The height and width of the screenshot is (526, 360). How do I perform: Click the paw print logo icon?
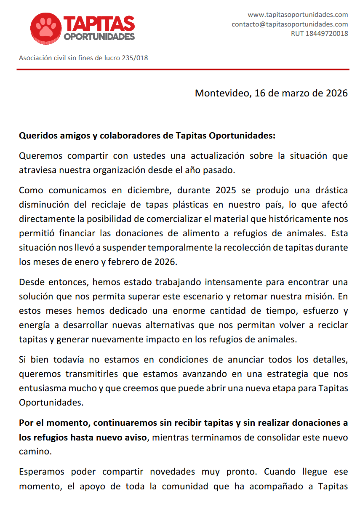tap(46, 28)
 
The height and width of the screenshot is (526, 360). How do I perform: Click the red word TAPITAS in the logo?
tap(99, 24)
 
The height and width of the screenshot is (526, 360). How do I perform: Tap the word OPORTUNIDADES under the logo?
tap(99, 37)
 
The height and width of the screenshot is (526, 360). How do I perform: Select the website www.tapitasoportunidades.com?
tap(298, 15)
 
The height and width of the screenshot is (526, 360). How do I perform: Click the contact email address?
tap(290, 24)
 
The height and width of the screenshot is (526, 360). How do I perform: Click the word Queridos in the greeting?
tap(37, 136)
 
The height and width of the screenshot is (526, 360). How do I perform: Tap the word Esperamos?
tap(42, 472)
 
